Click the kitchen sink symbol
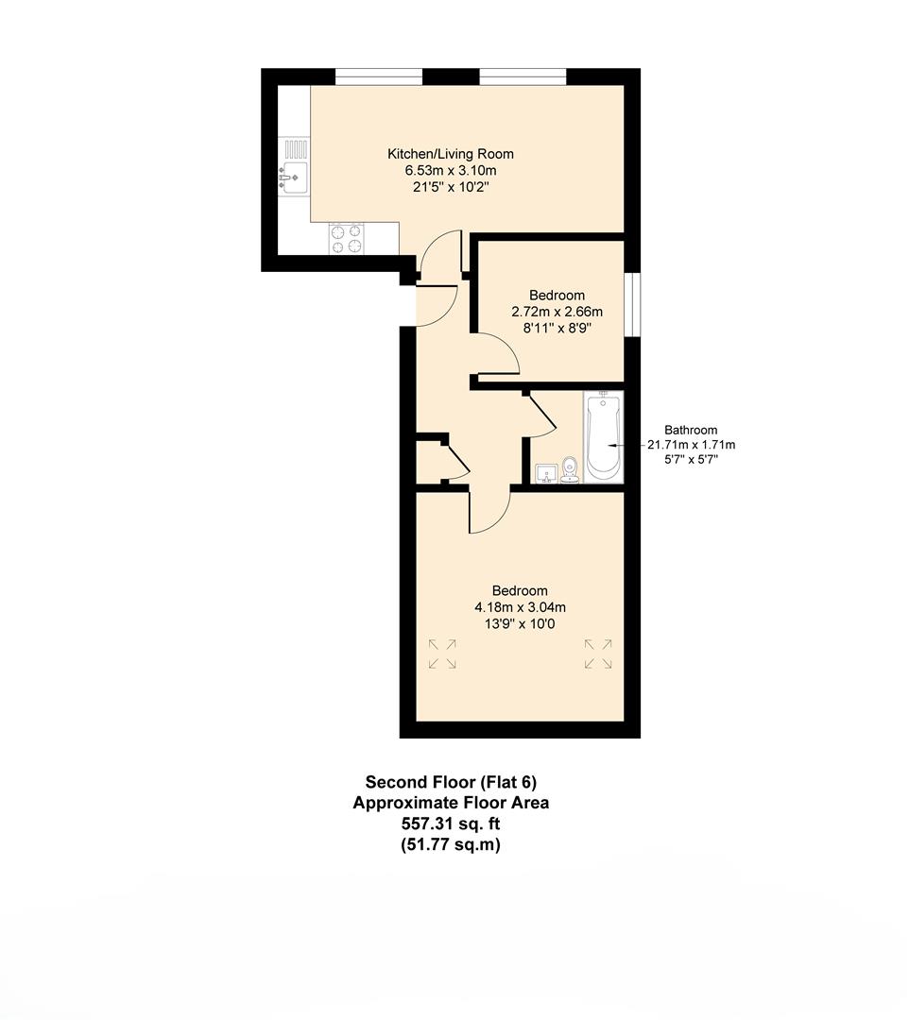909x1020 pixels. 294,176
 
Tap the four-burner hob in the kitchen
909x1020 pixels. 345,238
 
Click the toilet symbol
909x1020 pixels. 570,469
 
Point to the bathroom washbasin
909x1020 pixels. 545,472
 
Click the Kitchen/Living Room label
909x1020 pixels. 451,154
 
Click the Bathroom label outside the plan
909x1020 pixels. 691,429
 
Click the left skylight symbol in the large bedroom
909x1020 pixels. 442,654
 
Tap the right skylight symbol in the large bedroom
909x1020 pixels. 597,654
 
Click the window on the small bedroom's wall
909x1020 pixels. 632,304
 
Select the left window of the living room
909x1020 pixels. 378,76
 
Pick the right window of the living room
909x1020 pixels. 523,76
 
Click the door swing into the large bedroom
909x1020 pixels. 489,513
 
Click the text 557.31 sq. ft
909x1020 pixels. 451,824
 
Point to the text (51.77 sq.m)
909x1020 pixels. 451,844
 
